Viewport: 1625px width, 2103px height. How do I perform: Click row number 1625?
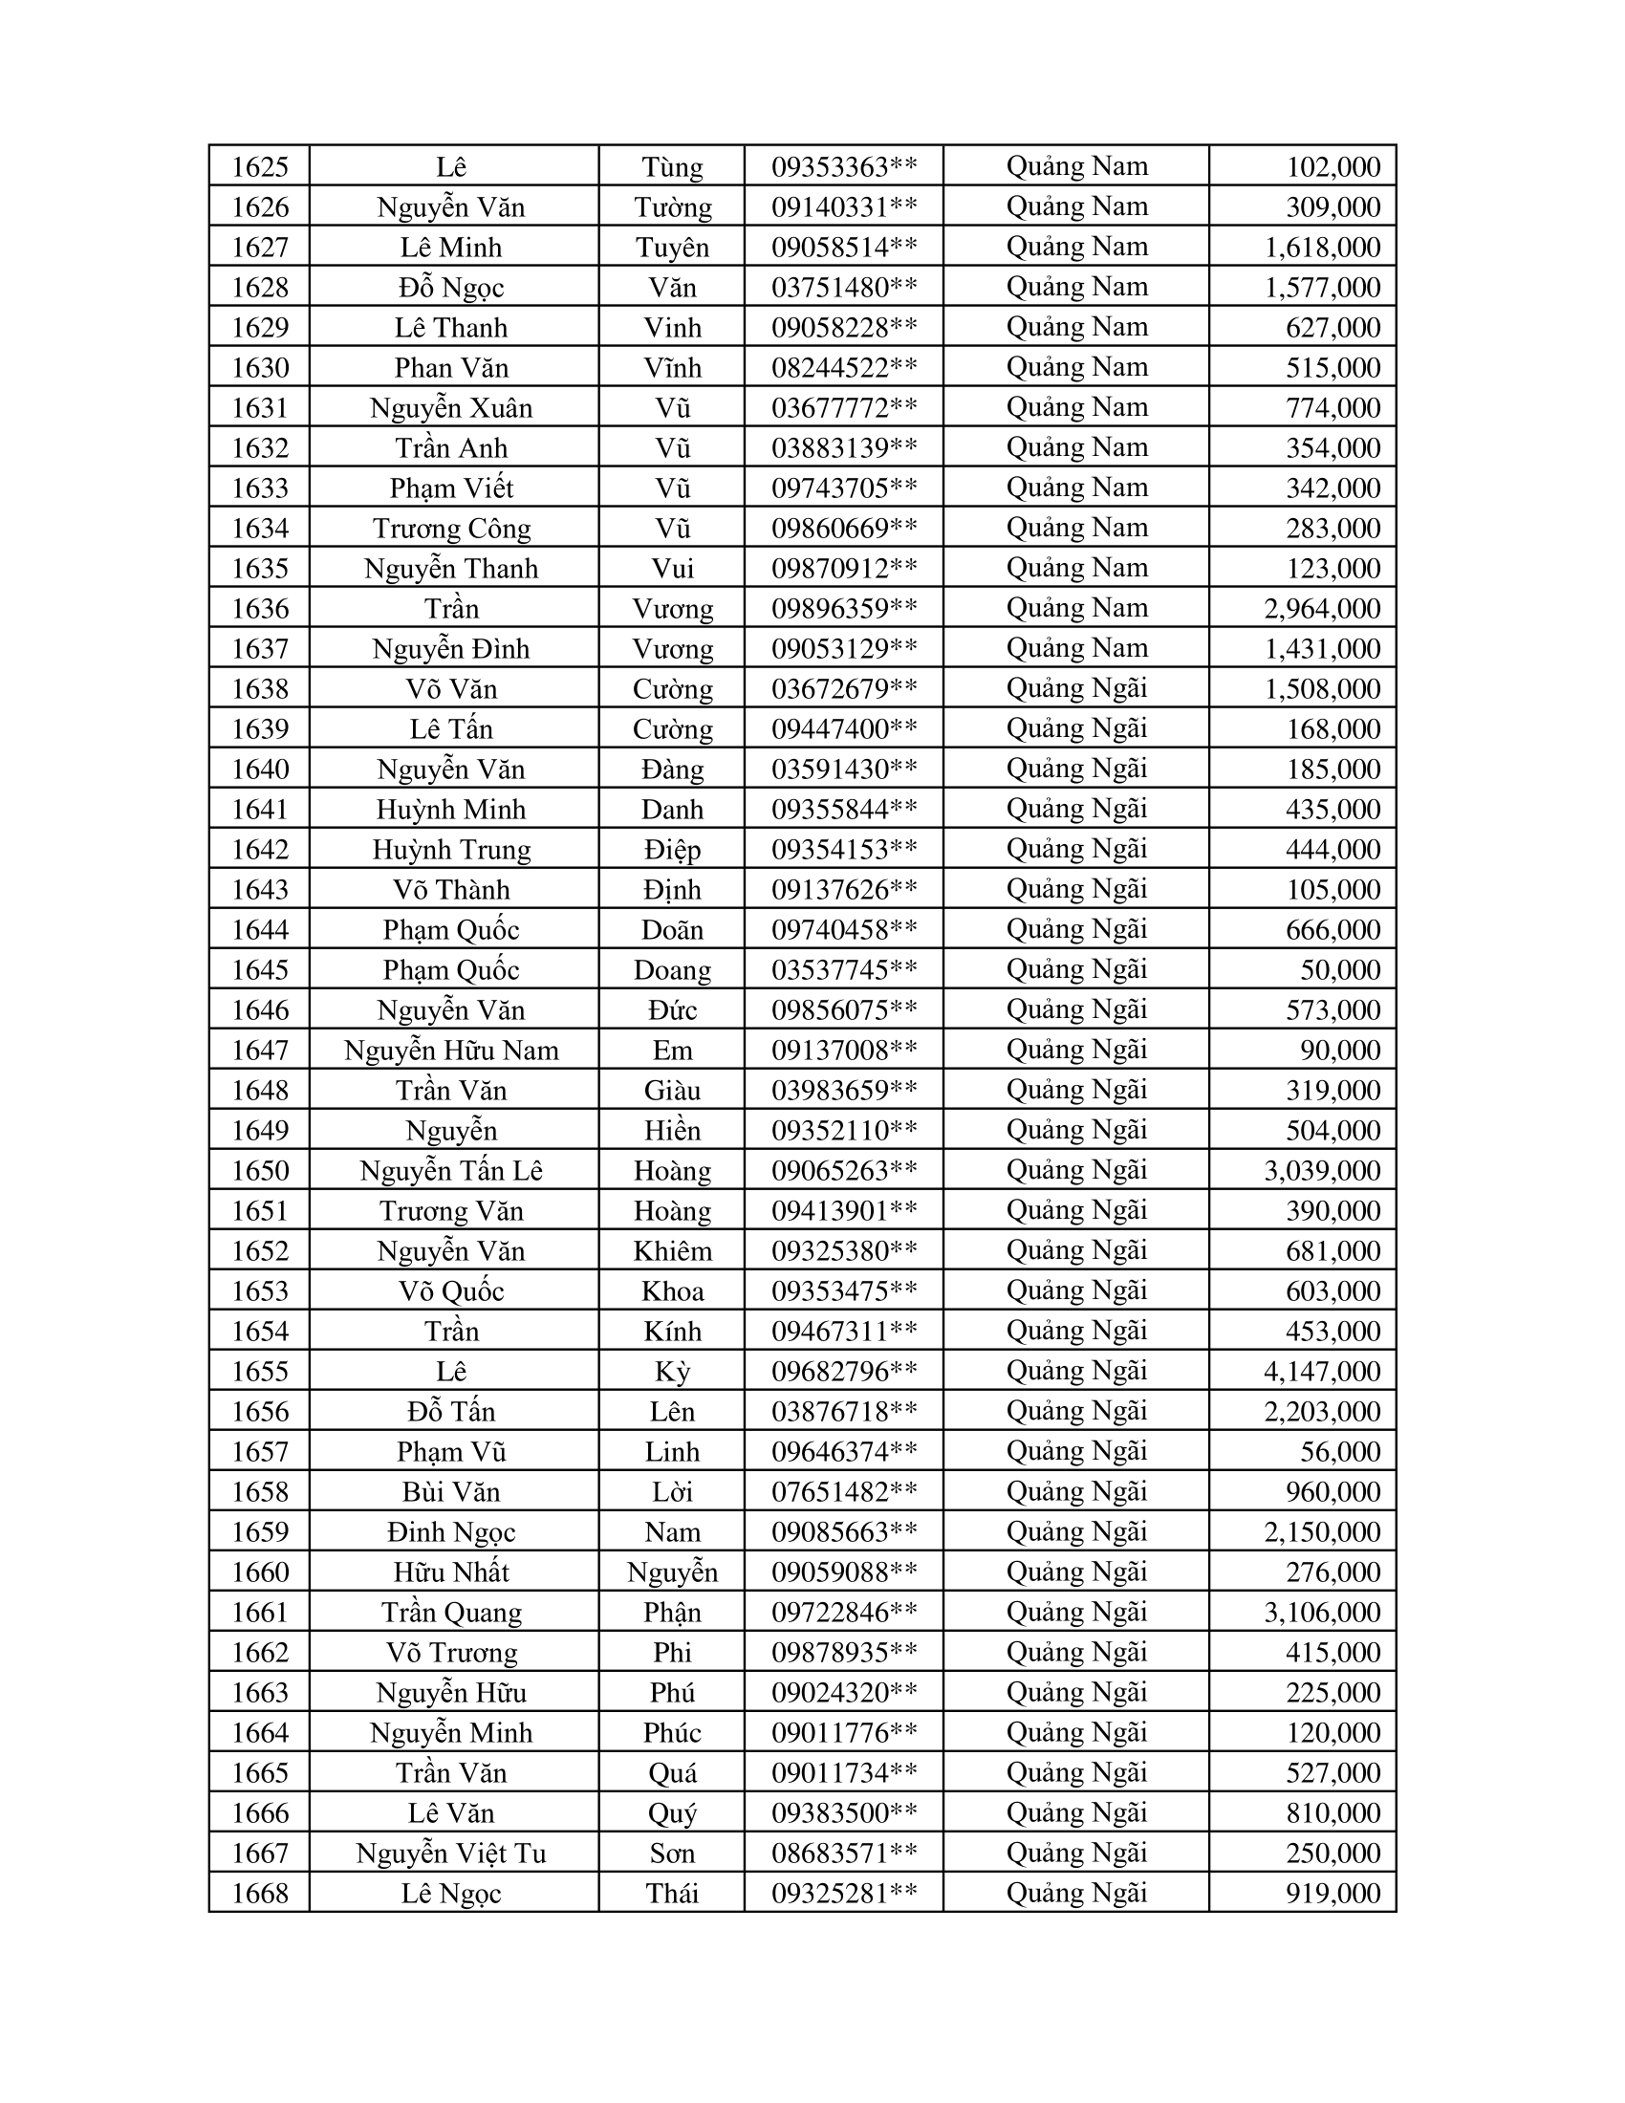tap(260, 166)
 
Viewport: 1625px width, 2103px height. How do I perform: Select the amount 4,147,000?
tap(1322, 1371)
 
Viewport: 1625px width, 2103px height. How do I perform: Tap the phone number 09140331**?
tap(843, 207)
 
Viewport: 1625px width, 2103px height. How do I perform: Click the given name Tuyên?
tap(672, 248)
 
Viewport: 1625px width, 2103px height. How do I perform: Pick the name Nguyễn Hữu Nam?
tap(451, 1051)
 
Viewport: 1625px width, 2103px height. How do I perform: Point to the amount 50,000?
tap(1340, 969)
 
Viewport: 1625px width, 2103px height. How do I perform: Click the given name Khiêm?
tap(672, 1251)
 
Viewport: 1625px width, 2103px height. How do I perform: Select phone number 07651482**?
tap(843, 1491)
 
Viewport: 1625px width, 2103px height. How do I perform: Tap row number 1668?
tap(260, 1893)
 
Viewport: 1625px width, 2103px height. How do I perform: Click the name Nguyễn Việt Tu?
tap(451, 1853)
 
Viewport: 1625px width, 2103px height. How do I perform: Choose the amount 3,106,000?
tap(1322, 1612)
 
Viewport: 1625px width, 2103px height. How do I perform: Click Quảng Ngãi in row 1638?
tap(1076, 688)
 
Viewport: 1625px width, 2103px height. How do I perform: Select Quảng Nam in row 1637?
tap(1076, 648)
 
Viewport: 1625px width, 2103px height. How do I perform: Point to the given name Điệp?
tap(672, 849)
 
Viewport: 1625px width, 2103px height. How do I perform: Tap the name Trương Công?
tap(451, 529)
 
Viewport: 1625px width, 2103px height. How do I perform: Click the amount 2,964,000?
tap(1322, 609)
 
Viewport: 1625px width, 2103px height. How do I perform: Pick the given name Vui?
tap(672, 568)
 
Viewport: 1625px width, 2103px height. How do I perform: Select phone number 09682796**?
tap(843, 1371)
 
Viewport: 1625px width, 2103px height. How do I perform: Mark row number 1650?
tap(260, 1171)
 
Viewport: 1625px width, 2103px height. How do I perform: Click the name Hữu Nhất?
tap(451, 1572)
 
